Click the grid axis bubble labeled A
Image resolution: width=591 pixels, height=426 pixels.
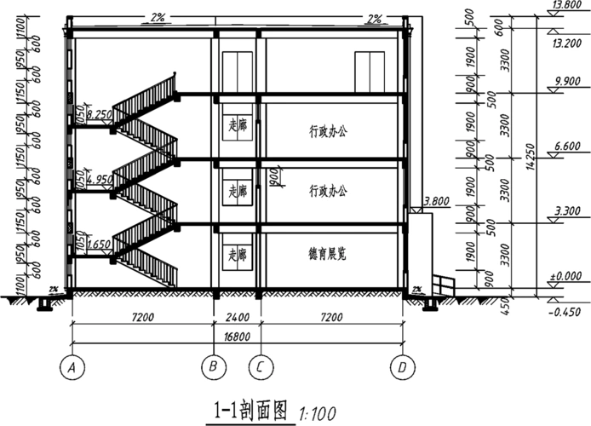(72, 368)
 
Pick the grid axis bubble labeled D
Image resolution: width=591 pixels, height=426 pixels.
(399, 368)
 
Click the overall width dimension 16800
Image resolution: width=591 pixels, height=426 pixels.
(236, 337)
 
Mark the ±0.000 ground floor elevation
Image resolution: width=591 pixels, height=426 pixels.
(565, 277)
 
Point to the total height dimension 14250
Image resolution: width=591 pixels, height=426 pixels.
(528, 158)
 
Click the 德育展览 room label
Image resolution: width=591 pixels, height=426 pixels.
(328, 254)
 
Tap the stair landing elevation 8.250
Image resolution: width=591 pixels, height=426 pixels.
(100, 113)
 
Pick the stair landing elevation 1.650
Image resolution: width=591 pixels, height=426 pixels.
(100, 243)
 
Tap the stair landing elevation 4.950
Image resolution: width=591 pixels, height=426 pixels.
(100, 178)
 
